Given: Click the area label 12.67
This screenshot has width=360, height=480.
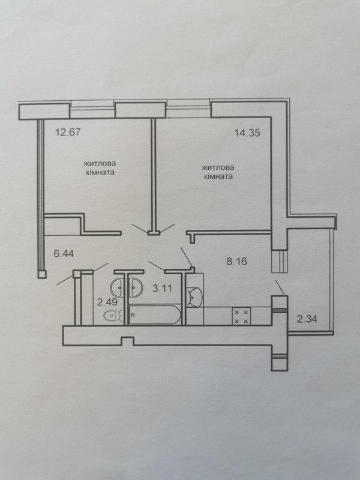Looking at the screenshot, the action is click(68, 133).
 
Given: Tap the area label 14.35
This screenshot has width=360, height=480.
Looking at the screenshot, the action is click(247, 133).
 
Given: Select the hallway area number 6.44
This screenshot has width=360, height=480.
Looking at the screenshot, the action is click(64, 253).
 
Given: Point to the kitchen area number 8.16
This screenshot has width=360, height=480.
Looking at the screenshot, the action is click(236, 262).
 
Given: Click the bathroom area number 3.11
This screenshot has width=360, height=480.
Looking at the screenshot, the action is click(162, 289).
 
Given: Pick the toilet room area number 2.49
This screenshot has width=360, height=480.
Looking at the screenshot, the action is click(107, 302).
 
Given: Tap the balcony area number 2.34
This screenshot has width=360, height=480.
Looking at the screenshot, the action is click(307, 319).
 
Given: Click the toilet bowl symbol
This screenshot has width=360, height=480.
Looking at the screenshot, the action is click(113, 315).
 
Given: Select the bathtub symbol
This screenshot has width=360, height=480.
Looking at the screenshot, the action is click(155, 314).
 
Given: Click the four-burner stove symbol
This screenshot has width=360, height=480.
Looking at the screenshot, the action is click(241, 316).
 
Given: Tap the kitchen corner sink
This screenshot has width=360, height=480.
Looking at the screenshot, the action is click(194, 296).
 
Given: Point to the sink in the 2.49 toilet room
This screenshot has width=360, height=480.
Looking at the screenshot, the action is click(118, 288).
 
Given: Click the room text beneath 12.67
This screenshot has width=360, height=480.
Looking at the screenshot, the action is click(100, 168).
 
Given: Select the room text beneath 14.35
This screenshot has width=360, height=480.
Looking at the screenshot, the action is click(218, 172).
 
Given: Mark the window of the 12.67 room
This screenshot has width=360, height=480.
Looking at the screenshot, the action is click(93, 109).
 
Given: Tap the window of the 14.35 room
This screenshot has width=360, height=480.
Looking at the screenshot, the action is click(188, 109).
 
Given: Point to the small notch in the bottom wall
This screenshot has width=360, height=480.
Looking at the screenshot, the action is click(127, 341).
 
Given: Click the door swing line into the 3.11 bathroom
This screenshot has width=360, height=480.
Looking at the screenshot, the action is click(157, 266).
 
